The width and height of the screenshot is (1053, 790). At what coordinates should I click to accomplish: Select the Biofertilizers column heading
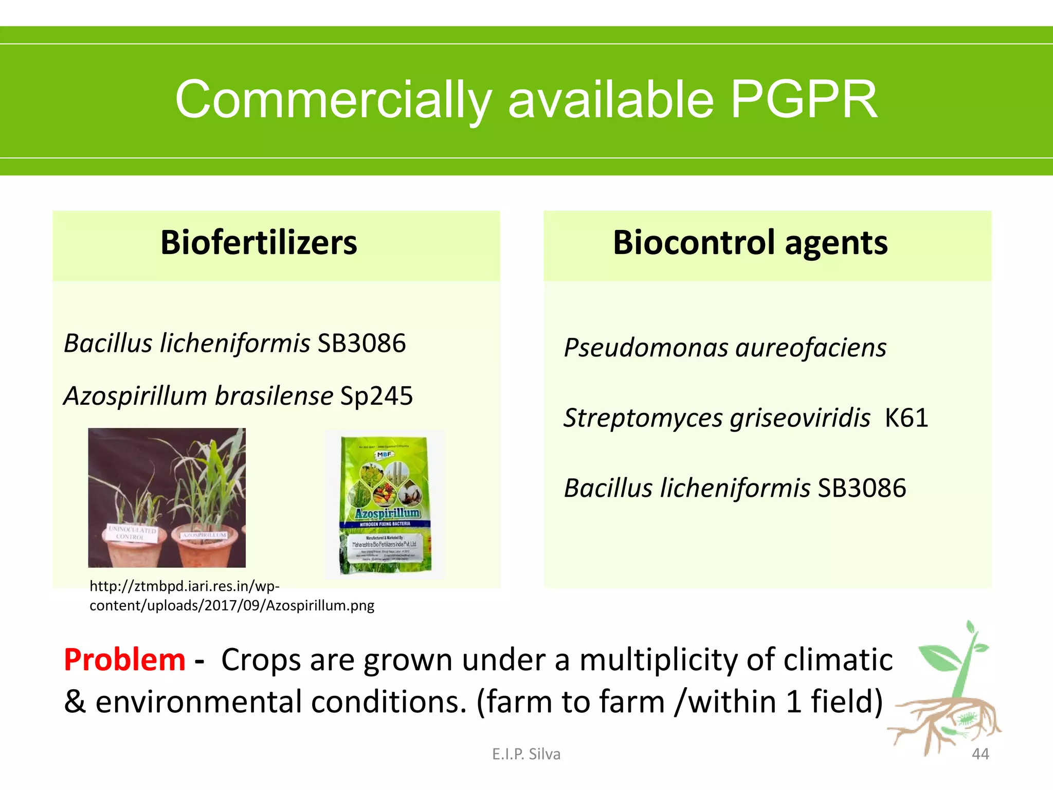tap(259, 243)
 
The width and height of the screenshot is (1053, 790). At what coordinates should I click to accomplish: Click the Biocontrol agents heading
tap(750, 243)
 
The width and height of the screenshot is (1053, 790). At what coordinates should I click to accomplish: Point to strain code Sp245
tap(376, 396)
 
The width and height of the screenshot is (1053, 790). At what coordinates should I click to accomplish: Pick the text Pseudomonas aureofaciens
tap(725, 348)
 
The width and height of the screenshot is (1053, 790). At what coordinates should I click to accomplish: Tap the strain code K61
tap(906, 418)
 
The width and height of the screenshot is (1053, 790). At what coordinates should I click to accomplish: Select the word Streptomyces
tap(643, 418)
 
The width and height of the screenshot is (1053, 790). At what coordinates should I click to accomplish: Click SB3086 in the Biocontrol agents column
tap(862, 488)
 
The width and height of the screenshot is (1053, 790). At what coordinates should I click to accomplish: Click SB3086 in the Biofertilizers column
tap(361, 344)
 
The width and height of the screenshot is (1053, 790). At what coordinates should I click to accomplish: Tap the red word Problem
tap(124, 660)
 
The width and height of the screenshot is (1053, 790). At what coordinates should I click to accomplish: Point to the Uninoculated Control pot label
tap(131, 533)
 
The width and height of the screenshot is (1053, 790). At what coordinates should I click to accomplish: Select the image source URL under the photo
tap(231, 596)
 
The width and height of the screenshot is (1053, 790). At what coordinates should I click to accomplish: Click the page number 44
tap(980, 754)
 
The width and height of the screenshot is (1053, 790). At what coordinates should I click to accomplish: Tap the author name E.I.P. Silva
tap(526, 754)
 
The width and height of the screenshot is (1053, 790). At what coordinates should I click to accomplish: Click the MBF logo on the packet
tap(384, 454)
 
